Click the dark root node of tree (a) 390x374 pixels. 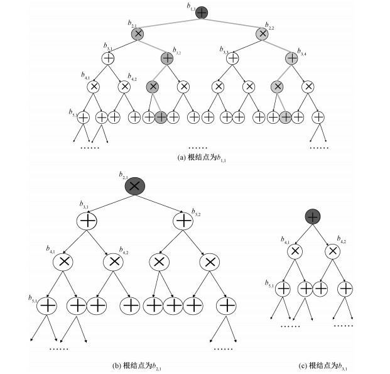[x=202, y=12]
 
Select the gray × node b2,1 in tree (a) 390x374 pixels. [x=138, y=34]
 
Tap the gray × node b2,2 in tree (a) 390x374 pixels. [x=263, y=34]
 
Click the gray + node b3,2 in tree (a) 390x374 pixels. [x=166, y=58]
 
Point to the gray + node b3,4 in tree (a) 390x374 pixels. [x=291, y=58]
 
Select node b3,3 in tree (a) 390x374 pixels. [x=232, y=58]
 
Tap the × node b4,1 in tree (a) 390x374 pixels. [x=94, y=86]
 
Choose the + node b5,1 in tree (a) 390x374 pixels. [x=84, y=116]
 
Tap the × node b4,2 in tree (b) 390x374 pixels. [x=112, y=261]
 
